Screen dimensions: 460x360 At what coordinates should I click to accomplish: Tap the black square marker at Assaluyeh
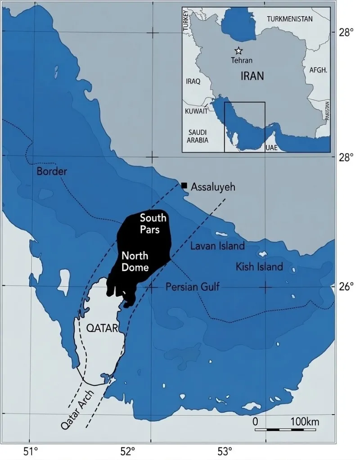[184, 185]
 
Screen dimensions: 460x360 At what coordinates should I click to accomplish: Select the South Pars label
[153, 223]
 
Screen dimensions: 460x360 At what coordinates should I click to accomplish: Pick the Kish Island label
[260, 267]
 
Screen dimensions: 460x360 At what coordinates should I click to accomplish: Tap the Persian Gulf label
[193, 287]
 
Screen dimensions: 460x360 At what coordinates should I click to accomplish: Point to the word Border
[52, 171]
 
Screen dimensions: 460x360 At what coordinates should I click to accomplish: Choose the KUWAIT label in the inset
[196, 110]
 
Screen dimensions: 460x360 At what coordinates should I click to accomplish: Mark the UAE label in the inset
[272, 148]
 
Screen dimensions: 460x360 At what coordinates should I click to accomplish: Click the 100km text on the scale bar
[305, 422]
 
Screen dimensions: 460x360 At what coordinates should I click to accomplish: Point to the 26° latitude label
[346, 286]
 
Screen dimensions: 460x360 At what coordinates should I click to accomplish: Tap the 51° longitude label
[30, 450]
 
